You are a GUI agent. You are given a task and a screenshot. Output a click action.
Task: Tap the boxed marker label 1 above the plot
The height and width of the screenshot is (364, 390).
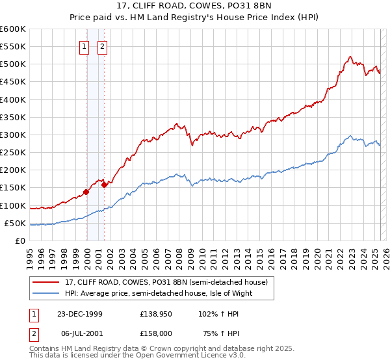tap(84, 46)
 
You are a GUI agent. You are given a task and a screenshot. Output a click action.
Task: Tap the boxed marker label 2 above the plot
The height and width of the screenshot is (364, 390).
tap(103, 46)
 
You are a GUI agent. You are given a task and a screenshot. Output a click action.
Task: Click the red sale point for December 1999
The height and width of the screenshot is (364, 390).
tap(86, 192)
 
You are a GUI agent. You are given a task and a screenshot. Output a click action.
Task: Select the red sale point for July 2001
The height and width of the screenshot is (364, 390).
tap(104, 185)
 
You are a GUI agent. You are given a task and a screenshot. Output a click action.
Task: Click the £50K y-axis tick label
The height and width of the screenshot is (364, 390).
tap(15, 224)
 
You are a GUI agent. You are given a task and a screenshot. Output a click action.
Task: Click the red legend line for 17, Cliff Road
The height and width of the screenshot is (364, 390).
tap(46, 282)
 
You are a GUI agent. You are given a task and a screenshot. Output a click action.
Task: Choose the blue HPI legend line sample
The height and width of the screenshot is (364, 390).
tap(46, 293)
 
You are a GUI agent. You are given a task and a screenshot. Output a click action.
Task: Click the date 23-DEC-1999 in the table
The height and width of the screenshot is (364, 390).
tap(79, 313)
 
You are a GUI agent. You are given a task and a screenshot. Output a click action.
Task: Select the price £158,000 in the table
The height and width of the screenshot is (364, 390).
tap(156, 333)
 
